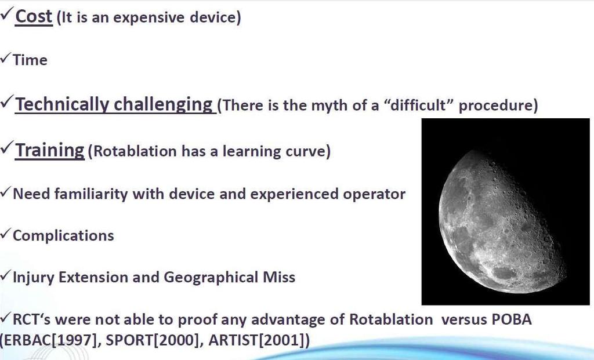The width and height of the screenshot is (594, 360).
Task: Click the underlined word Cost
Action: [x=34, y=17]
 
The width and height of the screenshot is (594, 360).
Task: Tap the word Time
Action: [x=30, y=60]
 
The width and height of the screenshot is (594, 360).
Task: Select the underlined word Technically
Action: [x=62, y=104]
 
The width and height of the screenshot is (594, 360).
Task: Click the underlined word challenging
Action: [x=163, y=104]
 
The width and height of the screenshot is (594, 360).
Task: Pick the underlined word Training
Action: [x=50, y=150]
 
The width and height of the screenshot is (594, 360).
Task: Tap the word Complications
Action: [x=63, y=236]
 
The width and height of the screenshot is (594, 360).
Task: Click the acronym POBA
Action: [x=512, y=319]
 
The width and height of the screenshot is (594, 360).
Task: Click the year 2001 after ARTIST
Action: [x=281, y=340]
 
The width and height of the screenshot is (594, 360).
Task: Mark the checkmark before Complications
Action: [x=5, y=234]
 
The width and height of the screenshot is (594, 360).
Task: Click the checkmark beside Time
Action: [x=5, y=59]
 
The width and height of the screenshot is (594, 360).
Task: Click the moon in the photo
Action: [x=502, y=221]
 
